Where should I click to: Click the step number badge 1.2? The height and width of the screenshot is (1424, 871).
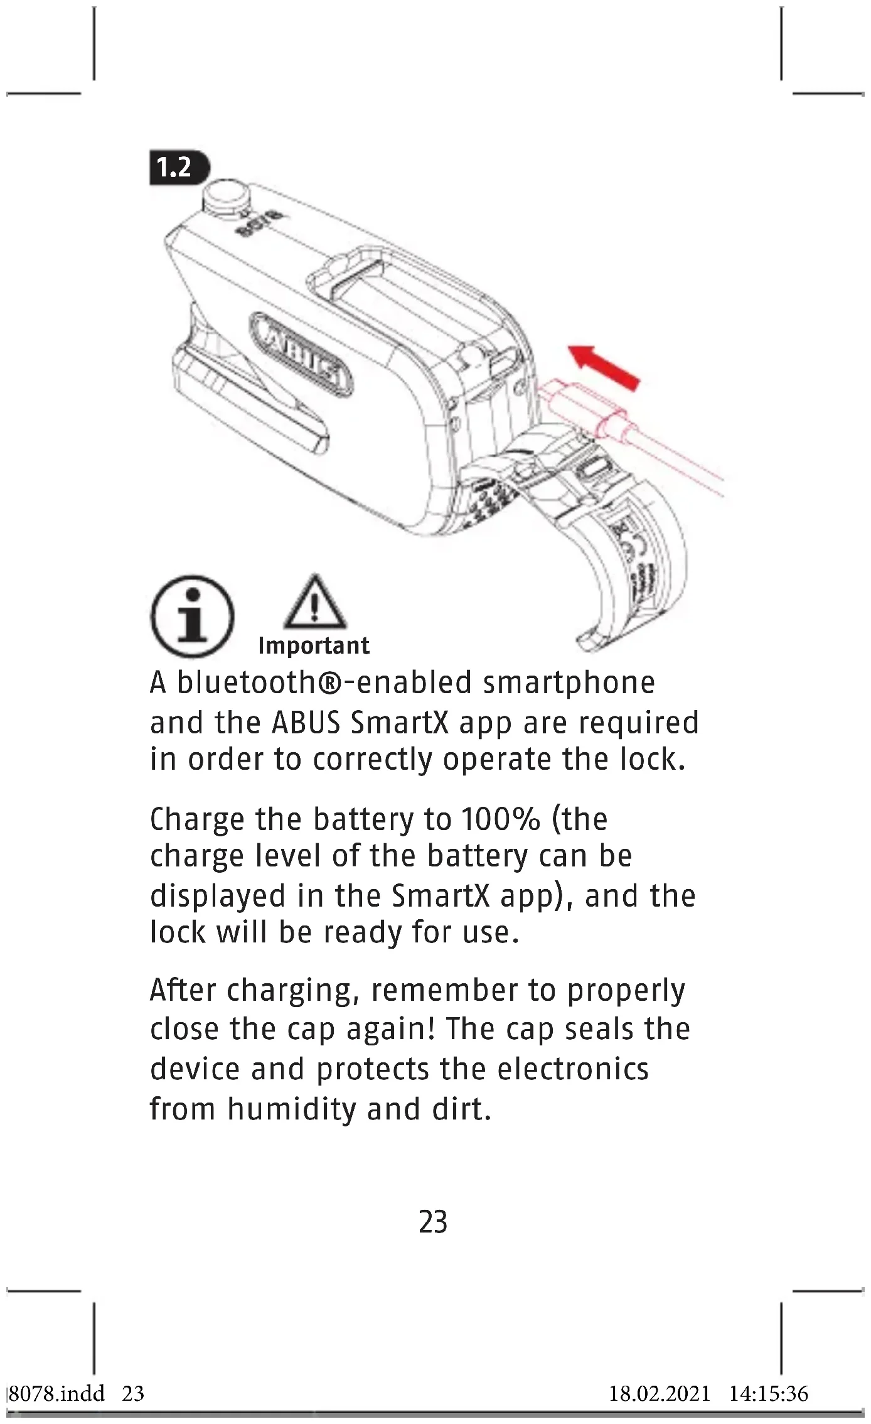[x=178, y=168]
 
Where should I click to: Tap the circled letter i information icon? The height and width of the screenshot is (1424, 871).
[x=192, y=616]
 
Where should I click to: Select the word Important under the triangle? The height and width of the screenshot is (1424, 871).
[x=314, y=645]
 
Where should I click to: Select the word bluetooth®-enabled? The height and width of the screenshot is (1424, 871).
[x=324, y=683]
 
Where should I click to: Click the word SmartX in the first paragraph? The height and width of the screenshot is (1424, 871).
[x=400, y=723]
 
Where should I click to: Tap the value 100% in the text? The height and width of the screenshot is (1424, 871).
[x=500, y=819]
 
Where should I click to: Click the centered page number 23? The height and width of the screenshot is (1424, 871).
[x=433, y=1222]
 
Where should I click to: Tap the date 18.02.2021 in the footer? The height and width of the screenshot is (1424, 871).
[x=660, y=1394]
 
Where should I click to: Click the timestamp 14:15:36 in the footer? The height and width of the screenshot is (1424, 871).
[x=768, y=1394]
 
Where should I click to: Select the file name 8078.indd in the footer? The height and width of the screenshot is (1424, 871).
[x=56, y=1394]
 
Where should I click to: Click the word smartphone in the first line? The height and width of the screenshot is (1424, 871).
[x=569, y=683]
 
